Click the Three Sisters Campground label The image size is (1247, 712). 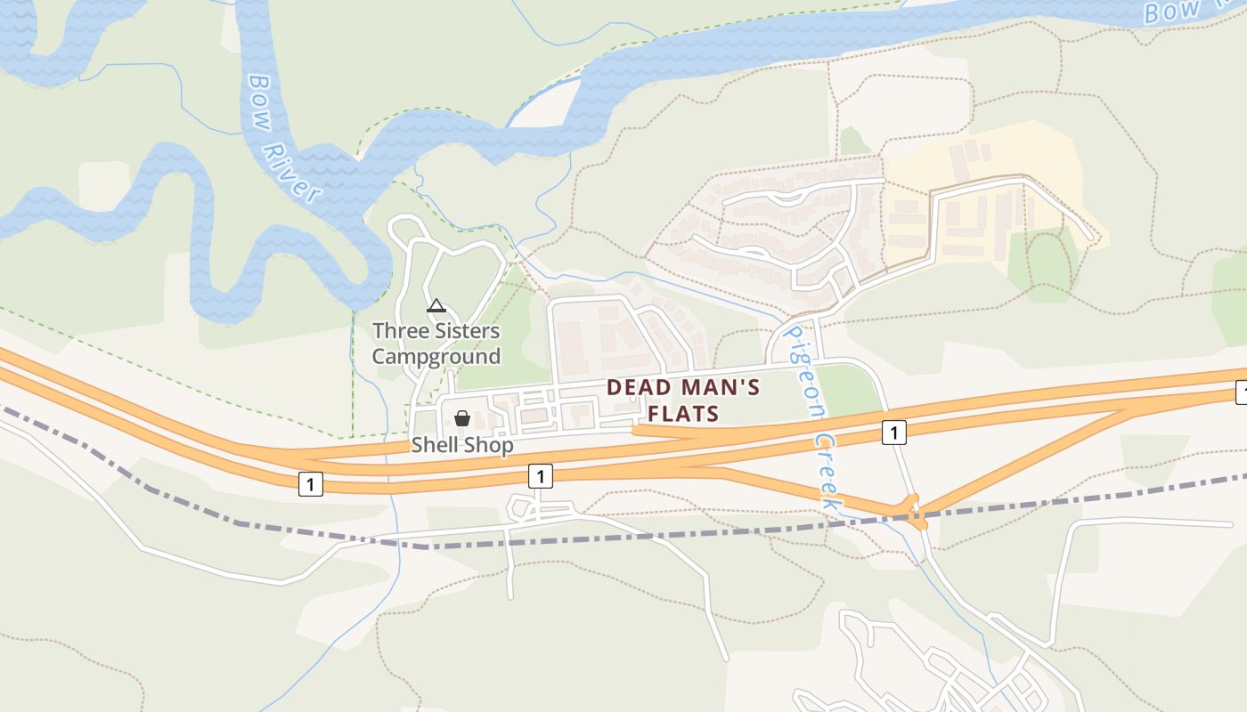click(436, 344)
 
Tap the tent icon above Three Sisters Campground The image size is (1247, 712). click(436, 306)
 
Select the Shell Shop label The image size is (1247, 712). click(461, 445)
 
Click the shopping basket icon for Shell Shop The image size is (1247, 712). click(461, 418)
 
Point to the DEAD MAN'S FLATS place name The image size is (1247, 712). click(682, 400)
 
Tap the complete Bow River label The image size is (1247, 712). click(281, 138)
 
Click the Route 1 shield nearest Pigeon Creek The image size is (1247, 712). click(893, 433)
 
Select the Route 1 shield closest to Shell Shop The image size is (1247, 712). click(540, 476)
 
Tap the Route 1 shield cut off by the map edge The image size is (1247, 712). click(1241, 391)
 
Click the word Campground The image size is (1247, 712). click(436, 357)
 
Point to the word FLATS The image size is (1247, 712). click(682, 414)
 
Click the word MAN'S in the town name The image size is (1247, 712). click(721, 387)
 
